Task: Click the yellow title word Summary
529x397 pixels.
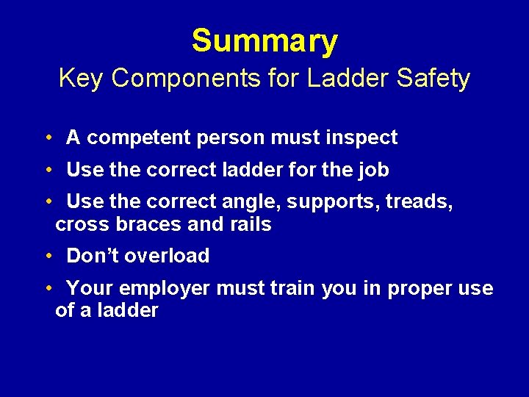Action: pyautogui.click(x=264, y=41)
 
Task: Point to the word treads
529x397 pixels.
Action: pyautogui.click(x=419, y=202)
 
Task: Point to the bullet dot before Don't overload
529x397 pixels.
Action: pyautogui.click(x=46, y=257)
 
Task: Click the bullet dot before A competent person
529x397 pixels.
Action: pyautogui.click(x=46, y=138)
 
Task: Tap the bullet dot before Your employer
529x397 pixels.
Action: pyautogui.click(x=46, y=289)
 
